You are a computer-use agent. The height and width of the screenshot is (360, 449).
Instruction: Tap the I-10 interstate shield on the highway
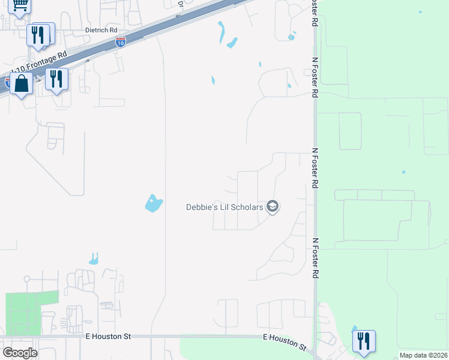coord(120,42)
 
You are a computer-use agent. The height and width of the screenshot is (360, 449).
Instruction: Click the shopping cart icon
coord(20,6)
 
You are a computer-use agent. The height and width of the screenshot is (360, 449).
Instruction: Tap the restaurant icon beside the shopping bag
coord(56,79)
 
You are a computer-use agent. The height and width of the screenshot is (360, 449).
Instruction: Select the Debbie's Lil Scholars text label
coord(224,207)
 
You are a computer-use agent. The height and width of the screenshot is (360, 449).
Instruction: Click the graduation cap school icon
coord(273,207)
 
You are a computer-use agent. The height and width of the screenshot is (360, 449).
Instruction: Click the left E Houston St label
coord(108,337)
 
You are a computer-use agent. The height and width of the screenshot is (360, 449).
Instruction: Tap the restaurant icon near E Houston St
coord(364,341)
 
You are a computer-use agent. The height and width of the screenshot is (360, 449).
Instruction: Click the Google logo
coord(20,353)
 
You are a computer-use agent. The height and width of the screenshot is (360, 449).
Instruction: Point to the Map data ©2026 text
coord(423,355)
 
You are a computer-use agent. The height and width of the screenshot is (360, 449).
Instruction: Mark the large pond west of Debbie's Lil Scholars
coord(154,203)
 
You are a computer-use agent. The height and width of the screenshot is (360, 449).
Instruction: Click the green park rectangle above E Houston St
coord(32,313)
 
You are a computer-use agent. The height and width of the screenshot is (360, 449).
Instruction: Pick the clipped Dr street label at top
coord(179,4)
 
